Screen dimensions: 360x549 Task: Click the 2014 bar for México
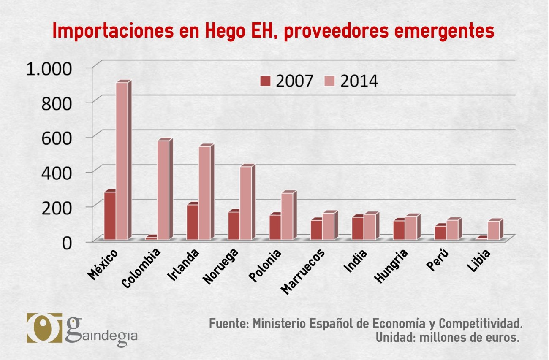tap(122, 160)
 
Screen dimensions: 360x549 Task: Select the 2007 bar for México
tap(110, 215)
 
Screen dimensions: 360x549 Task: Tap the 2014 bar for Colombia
tap(163, 189)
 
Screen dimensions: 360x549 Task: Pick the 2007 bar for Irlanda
tap(193, 222)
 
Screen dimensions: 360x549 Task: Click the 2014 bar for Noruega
tap(246, 203)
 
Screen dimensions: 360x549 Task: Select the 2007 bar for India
tap(358, 228)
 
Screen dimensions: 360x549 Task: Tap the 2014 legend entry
tap(352, 81)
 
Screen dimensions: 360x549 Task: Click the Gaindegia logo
tap(82, 328)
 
